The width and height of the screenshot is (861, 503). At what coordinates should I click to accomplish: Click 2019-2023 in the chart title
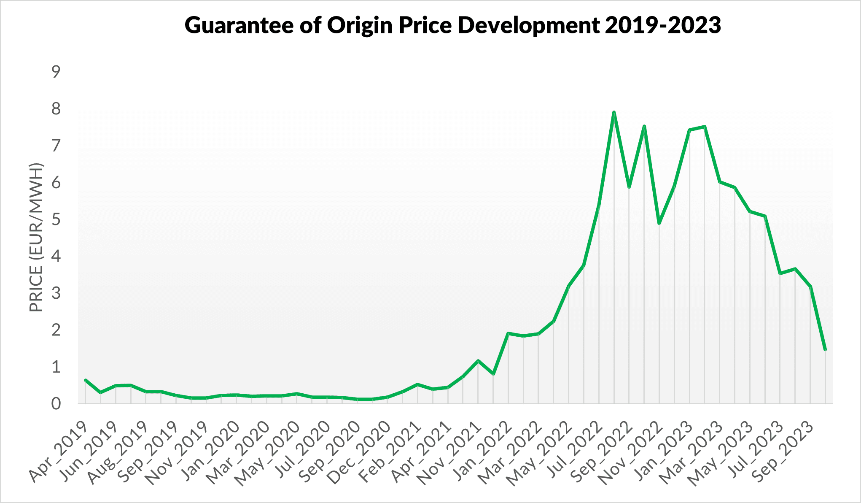click(x=662, y=25)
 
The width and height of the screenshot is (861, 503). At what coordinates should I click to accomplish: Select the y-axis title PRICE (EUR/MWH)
click(x=37, y=237)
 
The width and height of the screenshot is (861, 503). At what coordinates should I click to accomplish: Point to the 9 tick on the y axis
click(x=56, y=72)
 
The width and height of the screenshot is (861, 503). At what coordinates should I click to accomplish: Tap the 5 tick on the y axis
click(x=56, y=220)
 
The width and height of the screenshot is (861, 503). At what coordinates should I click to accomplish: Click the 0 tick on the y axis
click(x=56, y=404)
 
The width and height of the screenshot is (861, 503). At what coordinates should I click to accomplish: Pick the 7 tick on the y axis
click(x=56, y=146)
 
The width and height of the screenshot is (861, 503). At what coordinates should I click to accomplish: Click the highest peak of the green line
click(x=614, y=112)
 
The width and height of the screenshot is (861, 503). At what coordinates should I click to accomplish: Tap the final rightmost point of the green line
click(x=825, y=349)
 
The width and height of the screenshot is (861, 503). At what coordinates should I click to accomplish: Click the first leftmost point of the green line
click(x=86, y=380)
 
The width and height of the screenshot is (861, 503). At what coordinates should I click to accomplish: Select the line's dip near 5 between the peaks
click(x=659, y=223)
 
